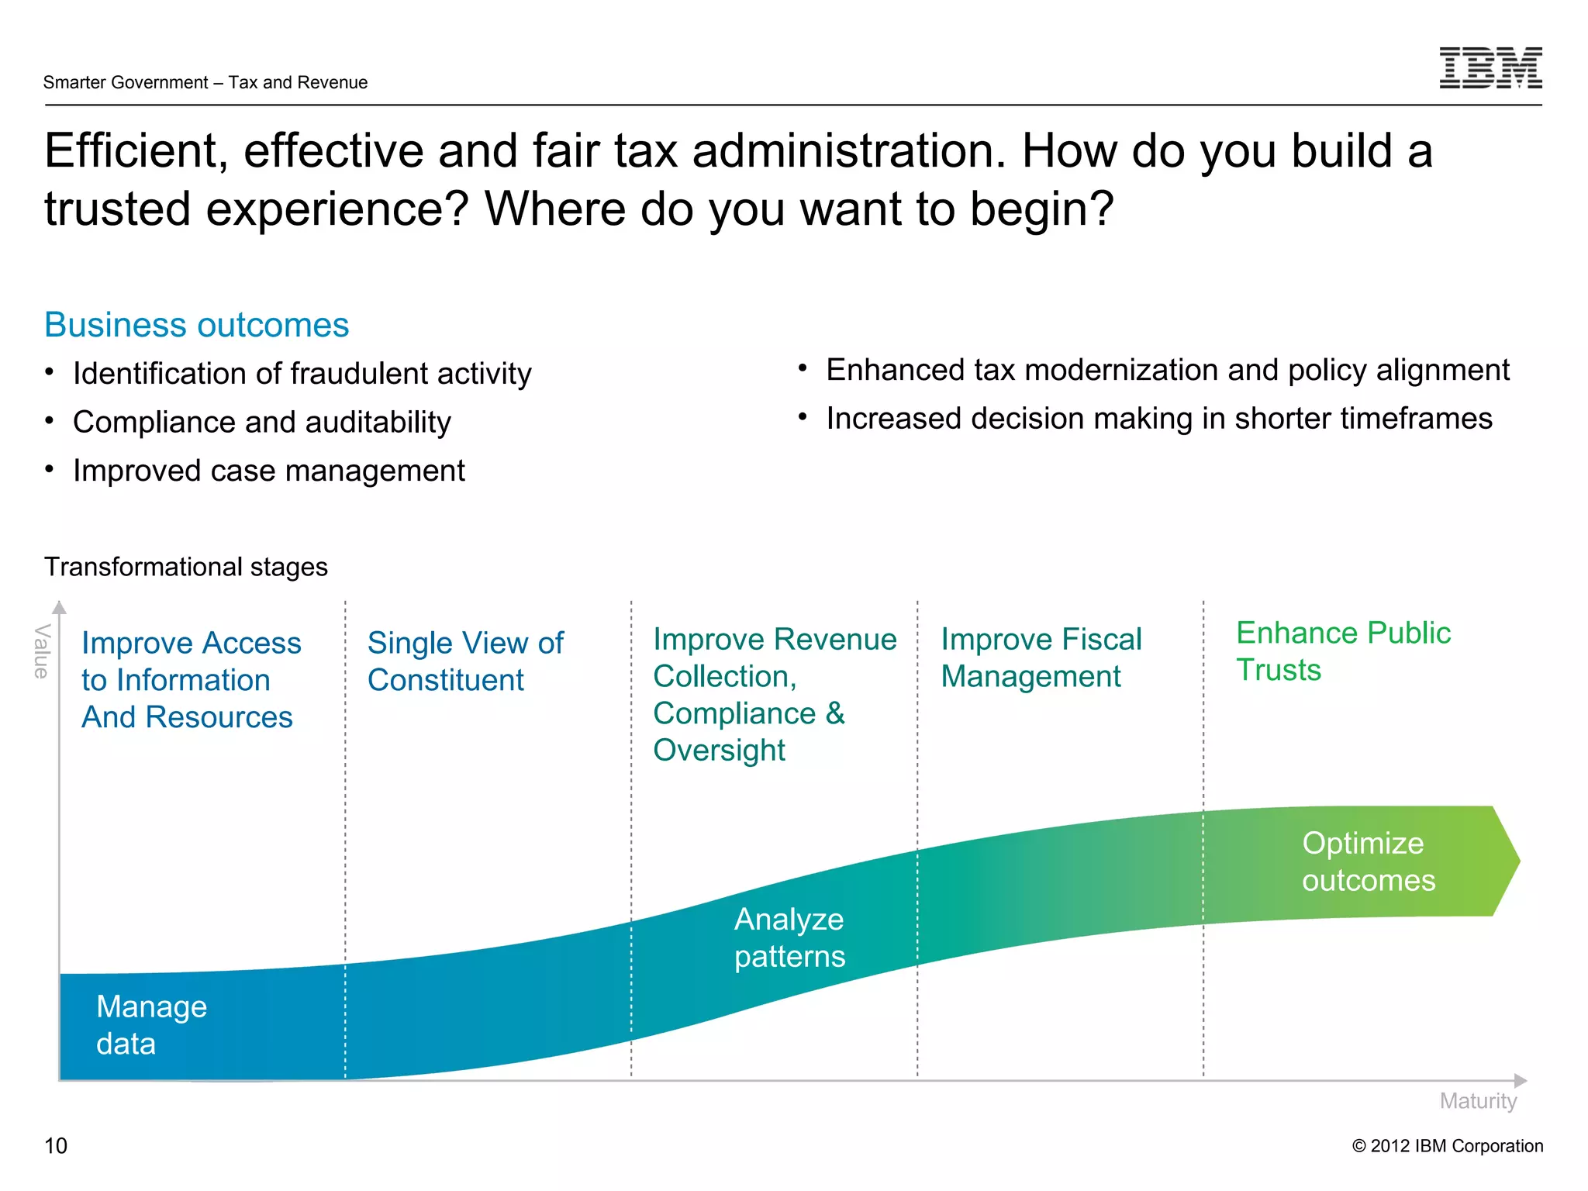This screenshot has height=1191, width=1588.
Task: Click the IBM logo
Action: (1490, 67)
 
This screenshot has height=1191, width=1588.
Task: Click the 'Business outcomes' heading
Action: (197, 325)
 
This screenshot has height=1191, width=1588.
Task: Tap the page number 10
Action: (56, 1145)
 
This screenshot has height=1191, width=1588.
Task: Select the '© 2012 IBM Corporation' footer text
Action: (1448, 1146)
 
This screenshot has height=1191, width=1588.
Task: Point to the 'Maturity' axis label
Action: (1478, 1101)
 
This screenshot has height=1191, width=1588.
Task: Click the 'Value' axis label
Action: (42, 651)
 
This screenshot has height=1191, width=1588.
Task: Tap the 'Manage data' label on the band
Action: (151, 1025)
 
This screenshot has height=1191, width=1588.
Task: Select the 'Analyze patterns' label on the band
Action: (789, 937)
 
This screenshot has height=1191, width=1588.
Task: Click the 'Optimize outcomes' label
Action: (1369, 861)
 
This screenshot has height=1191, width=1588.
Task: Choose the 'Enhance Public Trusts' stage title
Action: (1343, 651)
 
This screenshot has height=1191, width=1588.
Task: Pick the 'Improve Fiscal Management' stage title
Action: (1041, 658)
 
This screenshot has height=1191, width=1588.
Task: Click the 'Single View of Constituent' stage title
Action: (465, 661)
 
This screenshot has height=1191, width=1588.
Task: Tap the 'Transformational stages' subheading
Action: (186, 567)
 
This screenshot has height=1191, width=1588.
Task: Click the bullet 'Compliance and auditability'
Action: (262, 423)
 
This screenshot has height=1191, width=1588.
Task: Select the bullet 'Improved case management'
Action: (269, 471)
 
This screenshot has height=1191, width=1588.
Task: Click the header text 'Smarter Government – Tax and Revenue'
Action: (205, 82)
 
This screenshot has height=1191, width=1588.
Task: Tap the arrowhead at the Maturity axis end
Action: (1521, 1080)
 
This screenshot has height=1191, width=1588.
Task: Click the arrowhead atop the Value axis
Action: (60, 607)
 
